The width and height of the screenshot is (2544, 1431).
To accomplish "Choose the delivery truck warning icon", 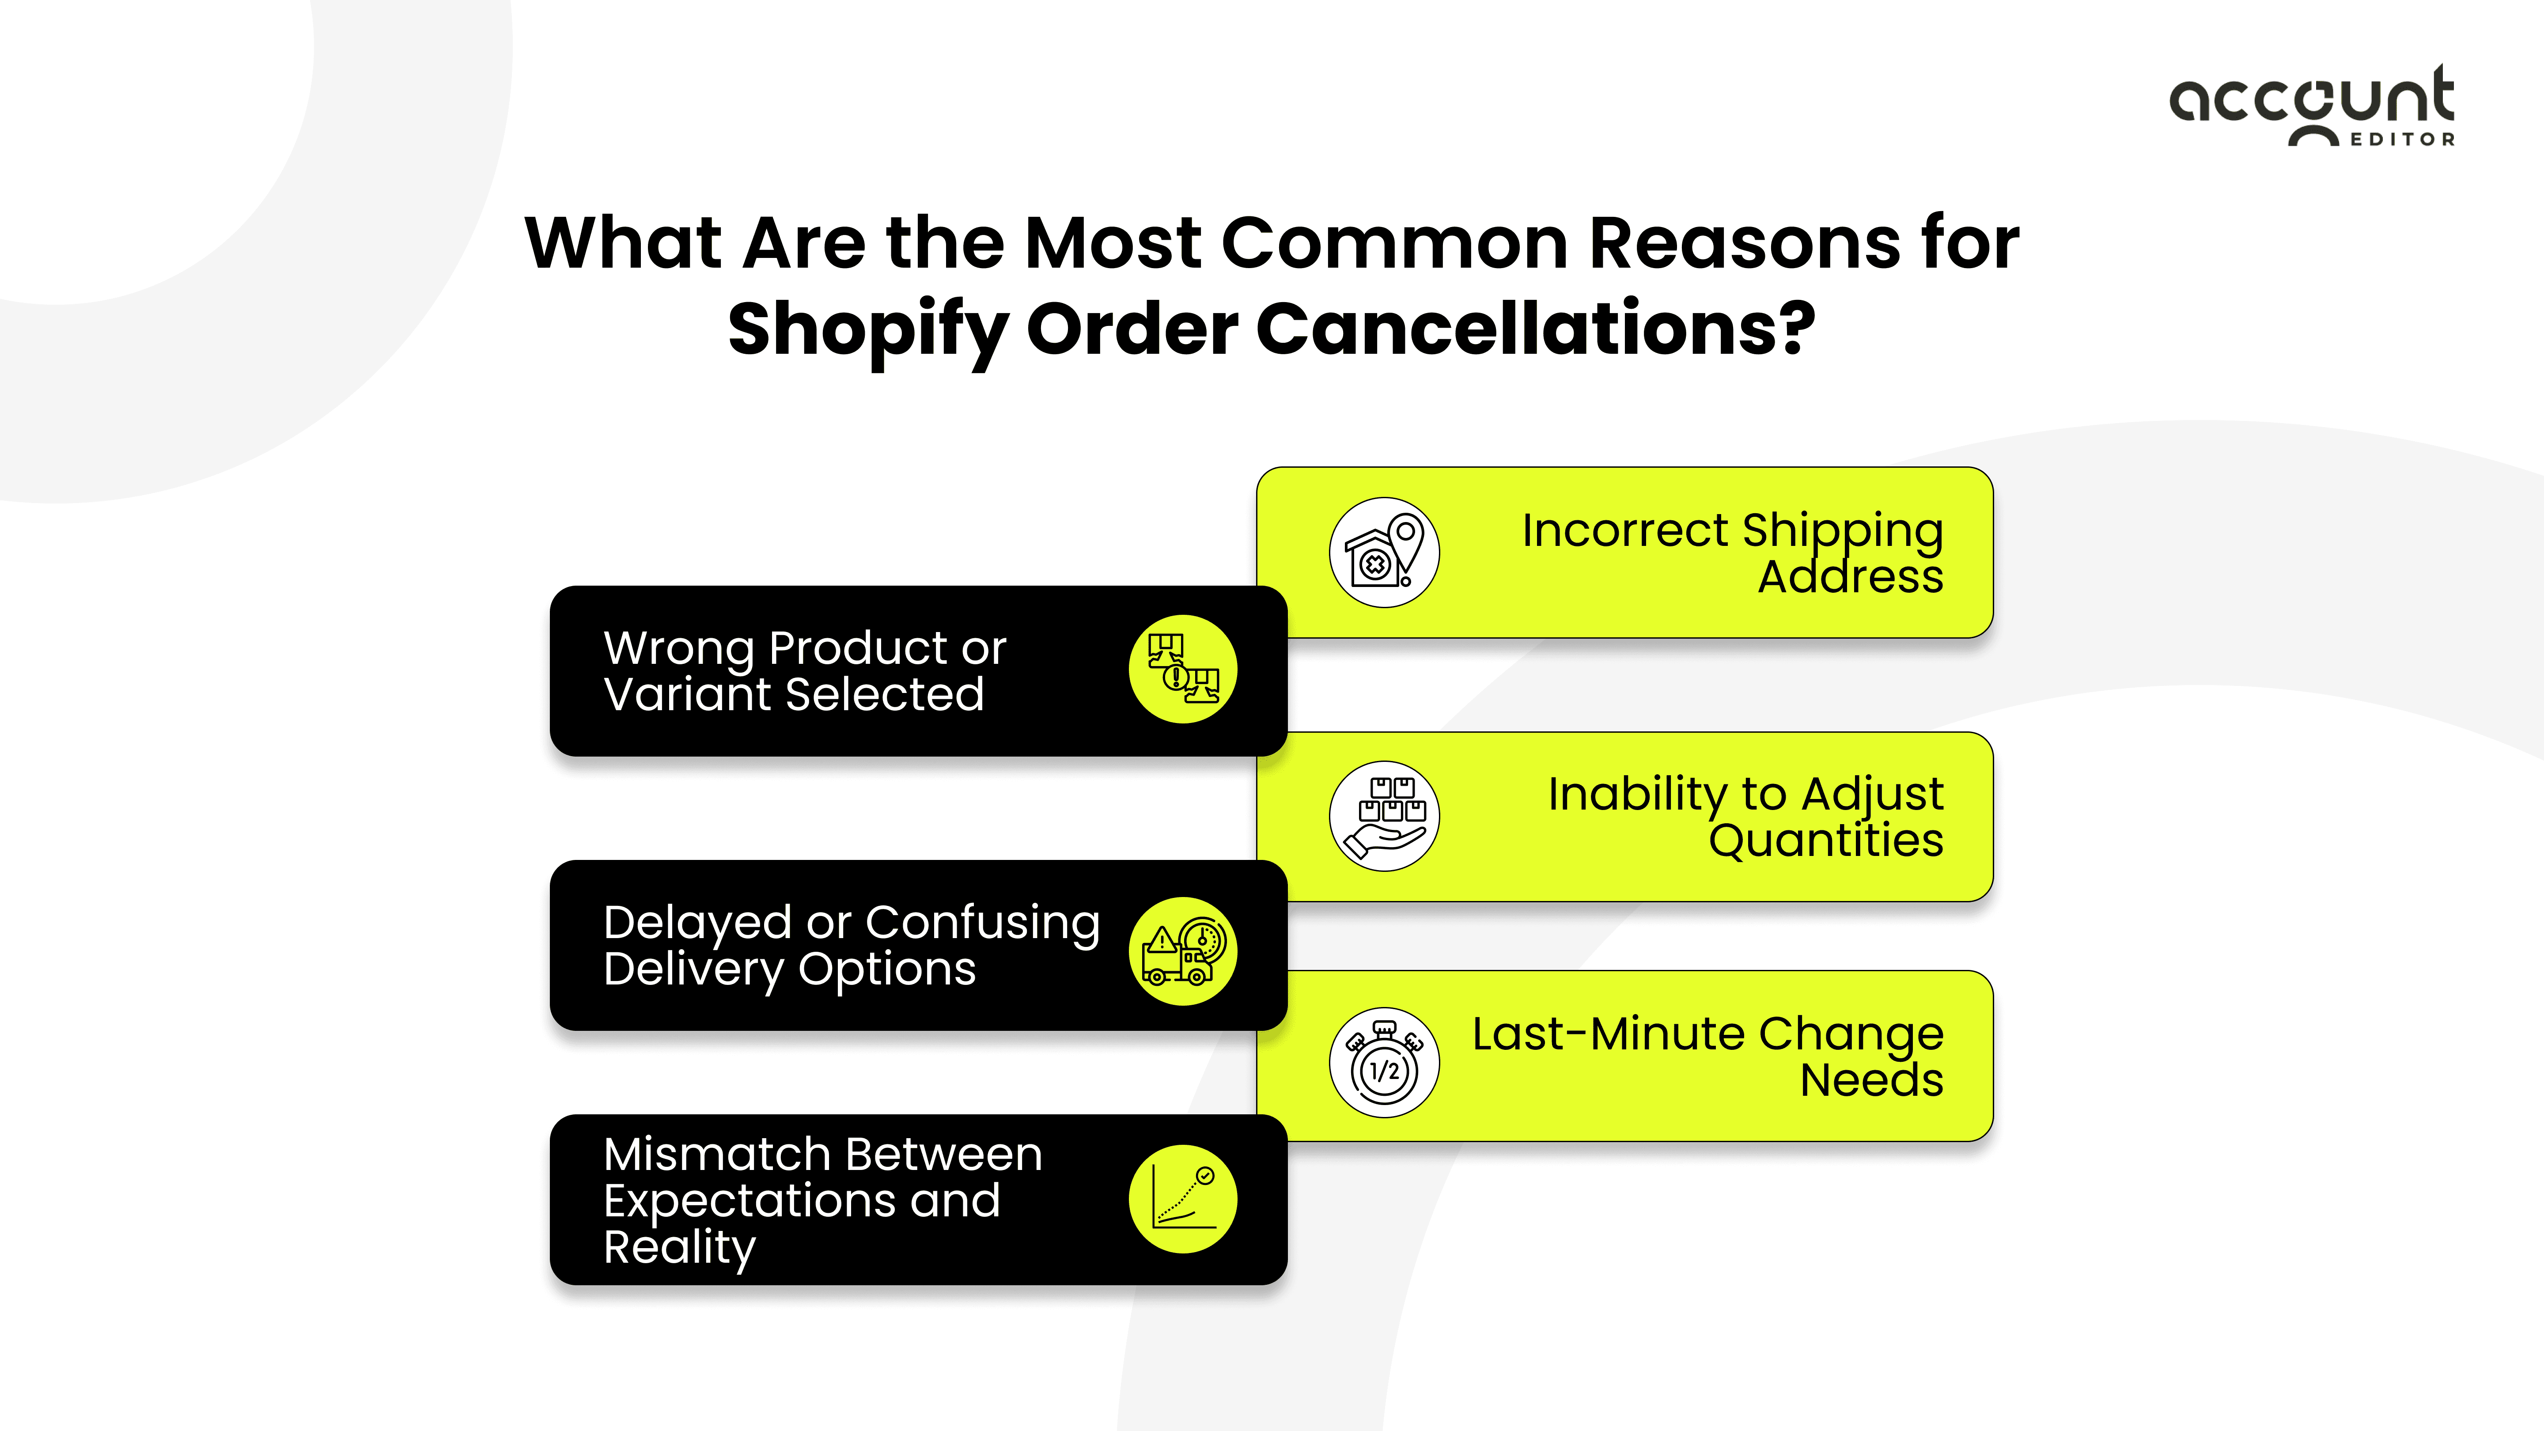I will (x=1182, y=951).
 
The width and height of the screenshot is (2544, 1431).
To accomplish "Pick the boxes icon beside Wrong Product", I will (x=1182, y=670).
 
